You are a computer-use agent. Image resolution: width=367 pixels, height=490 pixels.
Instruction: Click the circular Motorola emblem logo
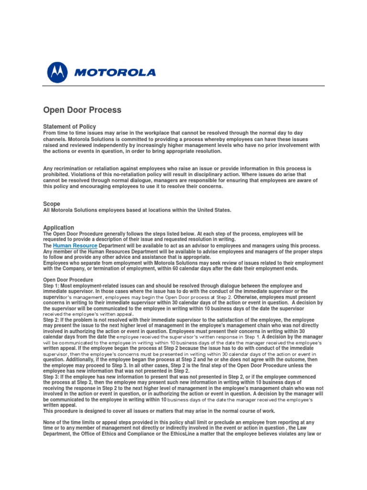click(x=58, y=72)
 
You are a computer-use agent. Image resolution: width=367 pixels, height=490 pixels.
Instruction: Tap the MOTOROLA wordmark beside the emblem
click(x=115, y=73)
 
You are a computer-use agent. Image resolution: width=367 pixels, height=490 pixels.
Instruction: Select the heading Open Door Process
click(x=82, y=110)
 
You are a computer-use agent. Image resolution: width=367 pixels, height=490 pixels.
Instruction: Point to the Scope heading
click(x=52, y=204)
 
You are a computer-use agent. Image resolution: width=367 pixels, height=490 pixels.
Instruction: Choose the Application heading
click(x=59, y=227)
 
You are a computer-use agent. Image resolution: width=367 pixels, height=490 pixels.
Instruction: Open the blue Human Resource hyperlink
click(x=75, y=245)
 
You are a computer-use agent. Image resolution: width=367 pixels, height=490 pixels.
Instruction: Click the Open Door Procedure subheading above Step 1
click(x=68, y=279)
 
